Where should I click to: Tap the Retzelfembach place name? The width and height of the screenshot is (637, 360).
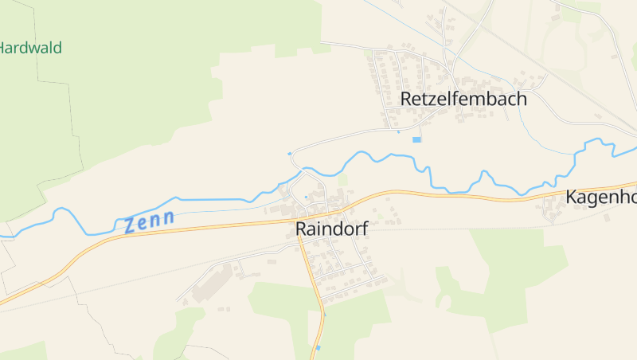click(463, 100)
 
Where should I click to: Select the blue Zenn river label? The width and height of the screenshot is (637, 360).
click(149, 220)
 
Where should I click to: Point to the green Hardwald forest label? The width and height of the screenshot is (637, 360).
click(29, 47)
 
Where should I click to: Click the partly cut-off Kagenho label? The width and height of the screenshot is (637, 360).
click(601, 198)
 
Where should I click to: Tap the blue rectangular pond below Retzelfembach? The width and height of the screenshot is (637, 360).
click(416, 140)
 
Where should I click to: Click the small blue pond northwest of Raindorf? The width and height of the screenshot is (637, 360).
click(289, 153)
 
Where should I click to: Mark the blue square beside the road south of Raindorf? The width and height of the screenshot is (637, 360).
click(318, 348)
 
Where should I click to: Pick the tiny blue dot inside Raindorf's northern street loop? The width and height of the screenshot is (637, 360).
click(306, 197)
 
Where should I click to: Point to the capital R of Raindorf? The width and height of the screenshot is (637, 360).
click(301, 229)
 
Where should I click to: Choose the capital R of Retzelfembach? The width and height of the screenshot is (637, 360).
click(406, 100)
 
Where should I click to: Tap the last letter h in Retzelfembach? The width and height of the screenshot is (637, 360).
click(522, 100)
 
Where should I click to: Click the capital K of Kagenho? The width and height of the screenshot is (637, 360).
click(572, 198)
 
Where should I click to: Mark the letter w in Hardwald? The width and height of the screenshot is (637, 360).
click(33, 47)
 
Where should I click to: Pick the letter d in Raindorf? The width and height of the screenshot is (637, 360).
click(335, 229)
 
